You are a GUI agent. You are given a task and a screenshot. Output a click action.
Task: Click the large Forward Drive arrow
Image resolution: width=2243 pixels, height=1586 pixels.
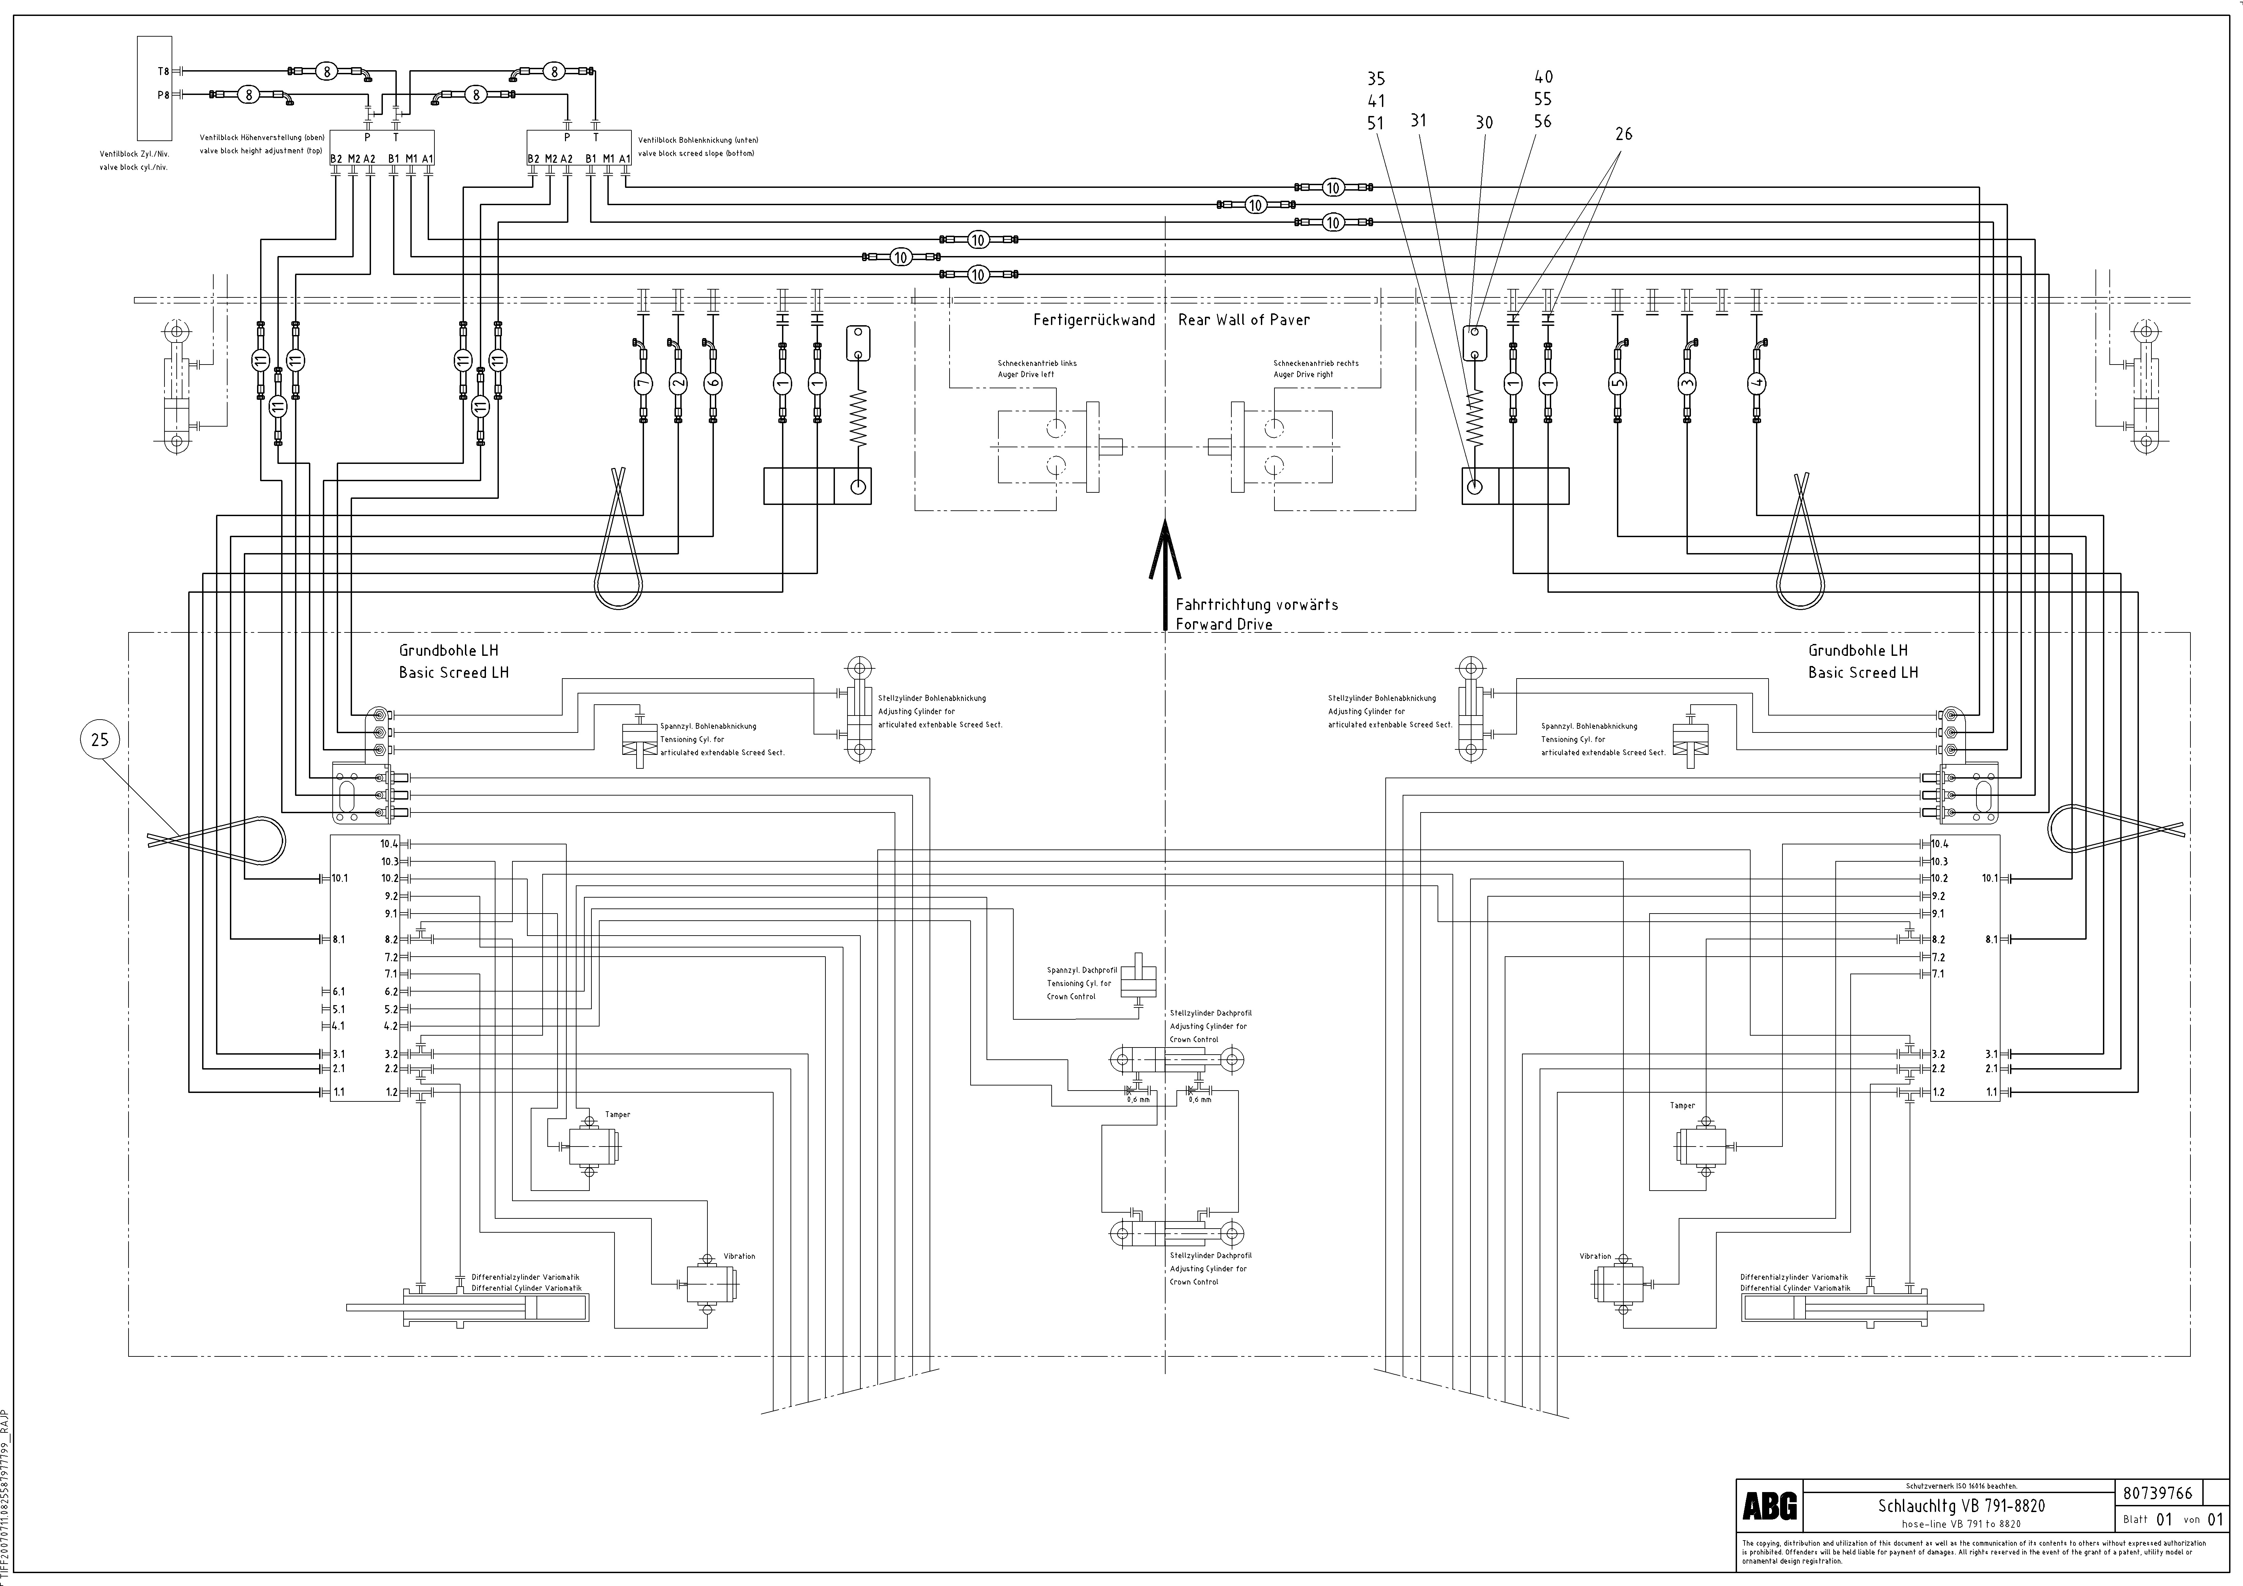[x=1165, y=576]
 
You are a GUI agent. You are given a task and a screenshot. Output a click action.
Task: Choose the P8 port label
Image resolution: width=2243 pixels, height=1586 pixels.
[x=163, y=95]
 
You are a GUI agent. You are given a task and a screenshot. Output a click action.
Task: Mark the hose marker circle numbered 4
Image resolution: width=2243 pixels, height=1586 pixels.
[x=1756, y=384]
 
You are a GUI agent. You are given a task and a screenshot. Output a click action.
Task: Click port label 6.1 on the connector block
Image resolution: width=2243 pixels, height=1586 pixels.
[x=338, y=991]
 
